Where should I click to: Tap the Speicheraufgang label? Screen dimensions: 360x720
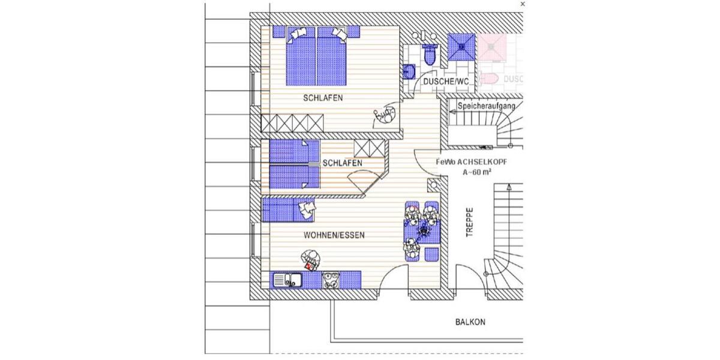[487, 106]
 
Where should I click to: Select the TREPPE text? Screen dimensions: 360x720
[470, 223]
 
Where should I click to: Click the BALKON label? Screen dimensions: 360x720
[470, 322]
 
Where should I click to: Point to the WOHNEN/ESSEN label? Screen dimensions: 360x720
[334, 235]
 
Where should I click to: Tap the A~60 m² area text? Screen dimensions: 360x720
[478, 172]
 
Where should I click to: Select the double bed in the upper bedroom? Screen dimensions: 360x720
[317, 56]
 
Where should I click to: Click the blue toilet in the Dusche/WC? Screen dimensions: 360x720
[430, 55]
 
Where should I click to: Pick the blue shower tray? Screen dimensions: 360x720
[462, 46]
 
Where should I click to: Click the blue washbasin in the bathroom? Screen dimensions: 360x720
[410, 72]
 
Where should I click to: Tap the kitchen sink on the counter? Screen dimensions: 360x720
[288, 280]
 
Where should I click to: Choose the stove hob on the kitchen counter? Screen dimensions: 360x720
[331, 280]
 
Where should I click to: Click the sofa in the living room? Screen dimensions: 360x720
[288, 211]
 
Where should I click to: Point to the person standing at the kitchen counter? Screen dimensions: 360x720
[311, 259]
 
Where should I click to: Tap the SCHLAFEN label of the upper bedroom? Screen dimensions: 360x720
[323, 97]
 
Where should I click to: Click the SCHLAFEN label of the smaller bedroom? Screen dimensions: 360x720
[342, 163]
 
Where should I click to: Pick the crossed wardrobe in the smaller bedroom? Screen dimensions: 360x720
[368, 148]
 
